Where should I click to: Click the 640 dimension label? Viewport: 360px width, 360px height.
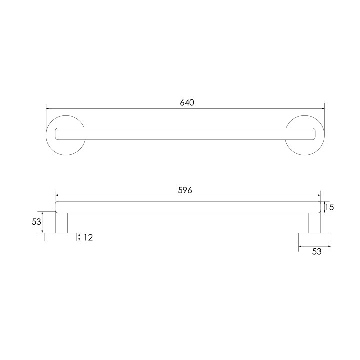pyautogui.click(x=187, y=102)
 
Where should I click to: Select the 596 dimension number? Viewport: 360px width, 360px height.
pyautogui.click(x=185, y=190)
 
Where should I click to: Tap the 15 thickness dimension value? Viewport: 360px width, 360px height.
pyautogui.click(x=329, y=207)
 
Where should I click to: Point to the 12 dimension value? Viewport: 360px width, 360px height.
pyautogui.click(x=88, y=237)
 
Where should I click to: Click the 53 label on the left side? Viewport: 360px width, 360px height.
pyautogui.click(x=36, y=222)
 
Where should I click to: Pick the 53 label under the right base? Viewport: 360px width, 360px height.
pyautogui.click(x=317, y=252)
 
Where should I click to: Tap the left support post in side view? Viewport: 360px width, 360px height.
pyautogui.click(x=62, y=223)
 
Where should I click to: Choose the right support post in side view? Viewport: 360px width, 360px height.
pyautogui.click(x=315, y=223)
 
